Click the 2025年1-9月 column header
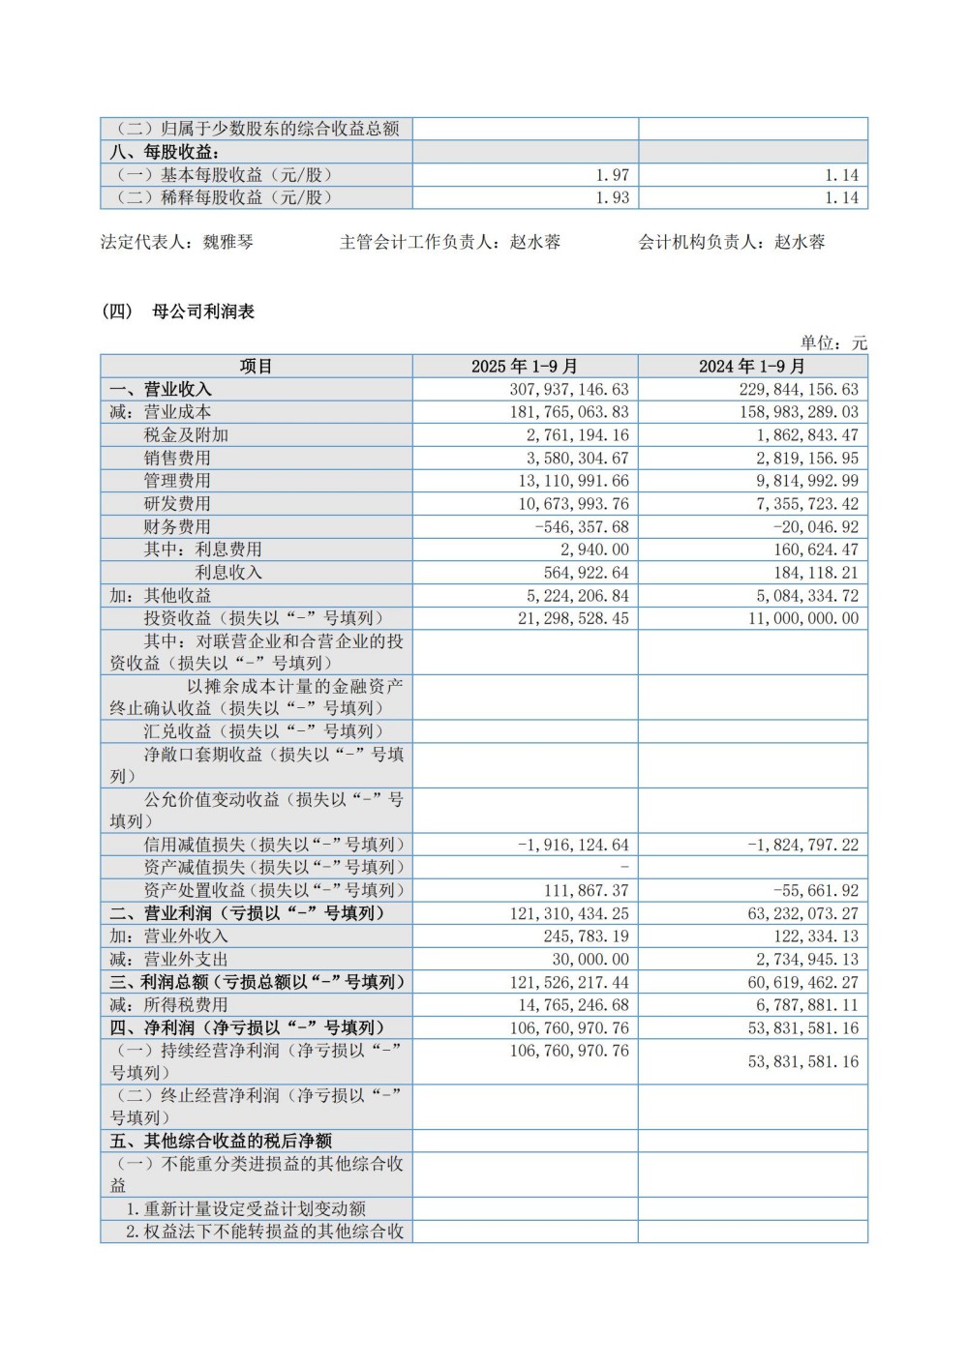[x=525, y=367]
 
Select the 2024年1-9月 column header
[x=752, y=367]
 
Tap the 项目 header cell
[x=257, y=367]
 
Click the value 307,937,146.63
[x=560, y=389]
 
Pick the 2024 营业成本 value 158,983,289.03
[x=790, y=412]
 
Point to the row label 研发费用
[x=177, y=504]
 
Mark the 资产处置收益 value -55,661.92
[x=802, y=891]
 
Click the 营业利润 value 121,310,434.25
[x=560, y=913]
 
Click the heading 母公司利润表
[x=204, y=312]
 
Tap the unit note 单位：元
[x=833, y=343]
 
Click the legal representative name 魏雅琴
[x=227, y=242]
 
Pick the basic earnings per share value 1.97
[x=613, y=175]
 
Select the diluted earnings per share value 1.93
[x=613, y=197]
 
